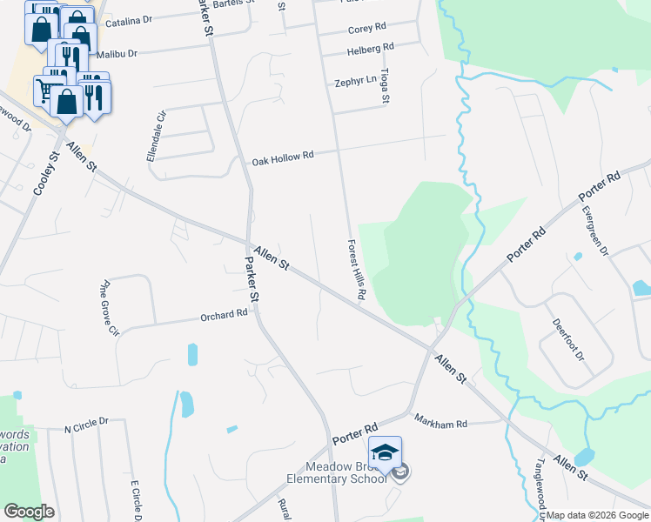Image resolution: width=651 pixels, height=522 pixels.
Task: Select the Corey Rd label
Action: tap(366, 29)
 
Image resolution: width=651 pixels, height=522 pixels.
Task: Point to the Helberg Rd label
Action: tap(370, 47)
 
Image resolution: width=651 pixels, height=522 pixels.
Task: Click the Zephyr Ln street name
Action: tap(355, 82)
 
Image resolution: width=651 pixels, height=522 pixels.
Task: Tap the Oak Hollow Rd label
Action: tap(282, 158)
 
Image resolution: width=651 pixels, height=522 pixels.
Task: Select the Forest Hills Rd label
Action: tap(354, 271)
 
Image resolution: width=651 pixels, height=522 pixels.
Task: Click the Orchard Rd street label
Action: tap(224, 315)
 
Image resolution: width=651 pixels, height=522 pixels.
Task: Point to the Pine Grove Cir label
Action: tap(109, 307)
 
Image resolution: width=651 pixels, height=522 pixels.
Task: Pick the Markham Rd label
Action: tap(440, 424)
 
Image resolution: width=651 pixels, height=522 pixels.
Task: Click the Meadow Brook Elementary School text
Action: tap(339, 472)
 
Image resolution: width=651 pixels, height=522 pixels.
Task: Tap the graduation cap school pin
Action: tap(385, 452)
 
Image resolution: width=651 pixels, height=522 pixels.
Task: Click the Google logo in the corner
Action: tap(29, 512)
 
